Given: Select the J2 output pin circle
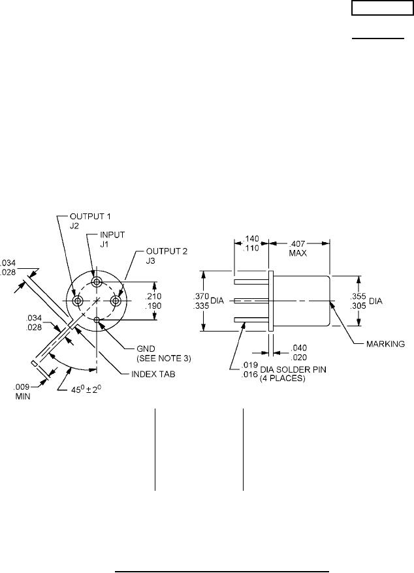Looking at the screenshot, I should [78, 301].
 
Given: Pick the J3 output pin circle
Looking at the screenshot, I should [116, 301].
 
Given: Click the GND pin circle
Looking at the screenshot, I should [97, 319].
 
